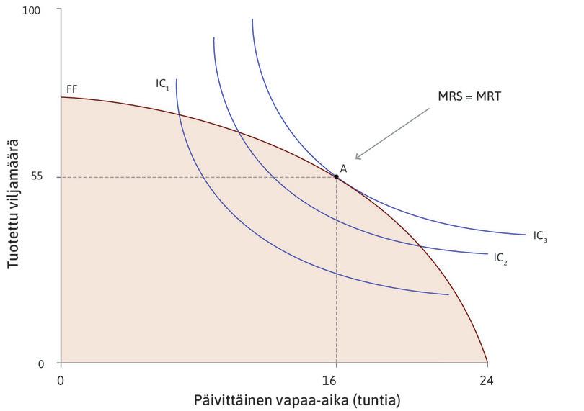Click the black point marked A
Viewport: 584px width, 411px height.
(336, 176)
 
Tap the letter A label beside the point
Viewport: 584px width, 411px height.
(343, 168)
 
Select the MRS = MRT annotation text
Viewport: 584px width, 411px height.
(469, 96)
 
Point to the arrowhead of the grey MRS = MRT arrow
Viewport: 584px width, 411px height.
(356, 158)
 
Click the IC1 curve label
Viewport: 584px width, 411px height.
(162, 83)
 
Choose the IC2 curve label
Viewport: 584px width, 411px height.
(500, 258)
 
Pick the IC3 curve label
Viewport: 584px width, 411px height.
(540, 235)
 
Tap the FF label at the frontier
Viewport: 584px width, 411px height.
(71, 89)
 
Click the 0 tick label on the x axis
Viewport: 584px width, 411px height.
(61, 379)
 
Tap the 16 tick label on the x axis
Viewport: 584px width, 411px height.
(335, 379)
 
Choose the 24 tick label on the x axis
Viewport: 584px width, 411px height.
(487, 379)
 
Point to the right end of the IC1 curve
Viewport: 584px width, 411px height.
(448, 294)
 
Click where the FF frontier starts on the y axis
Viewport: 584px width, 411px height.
(61, 96)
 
